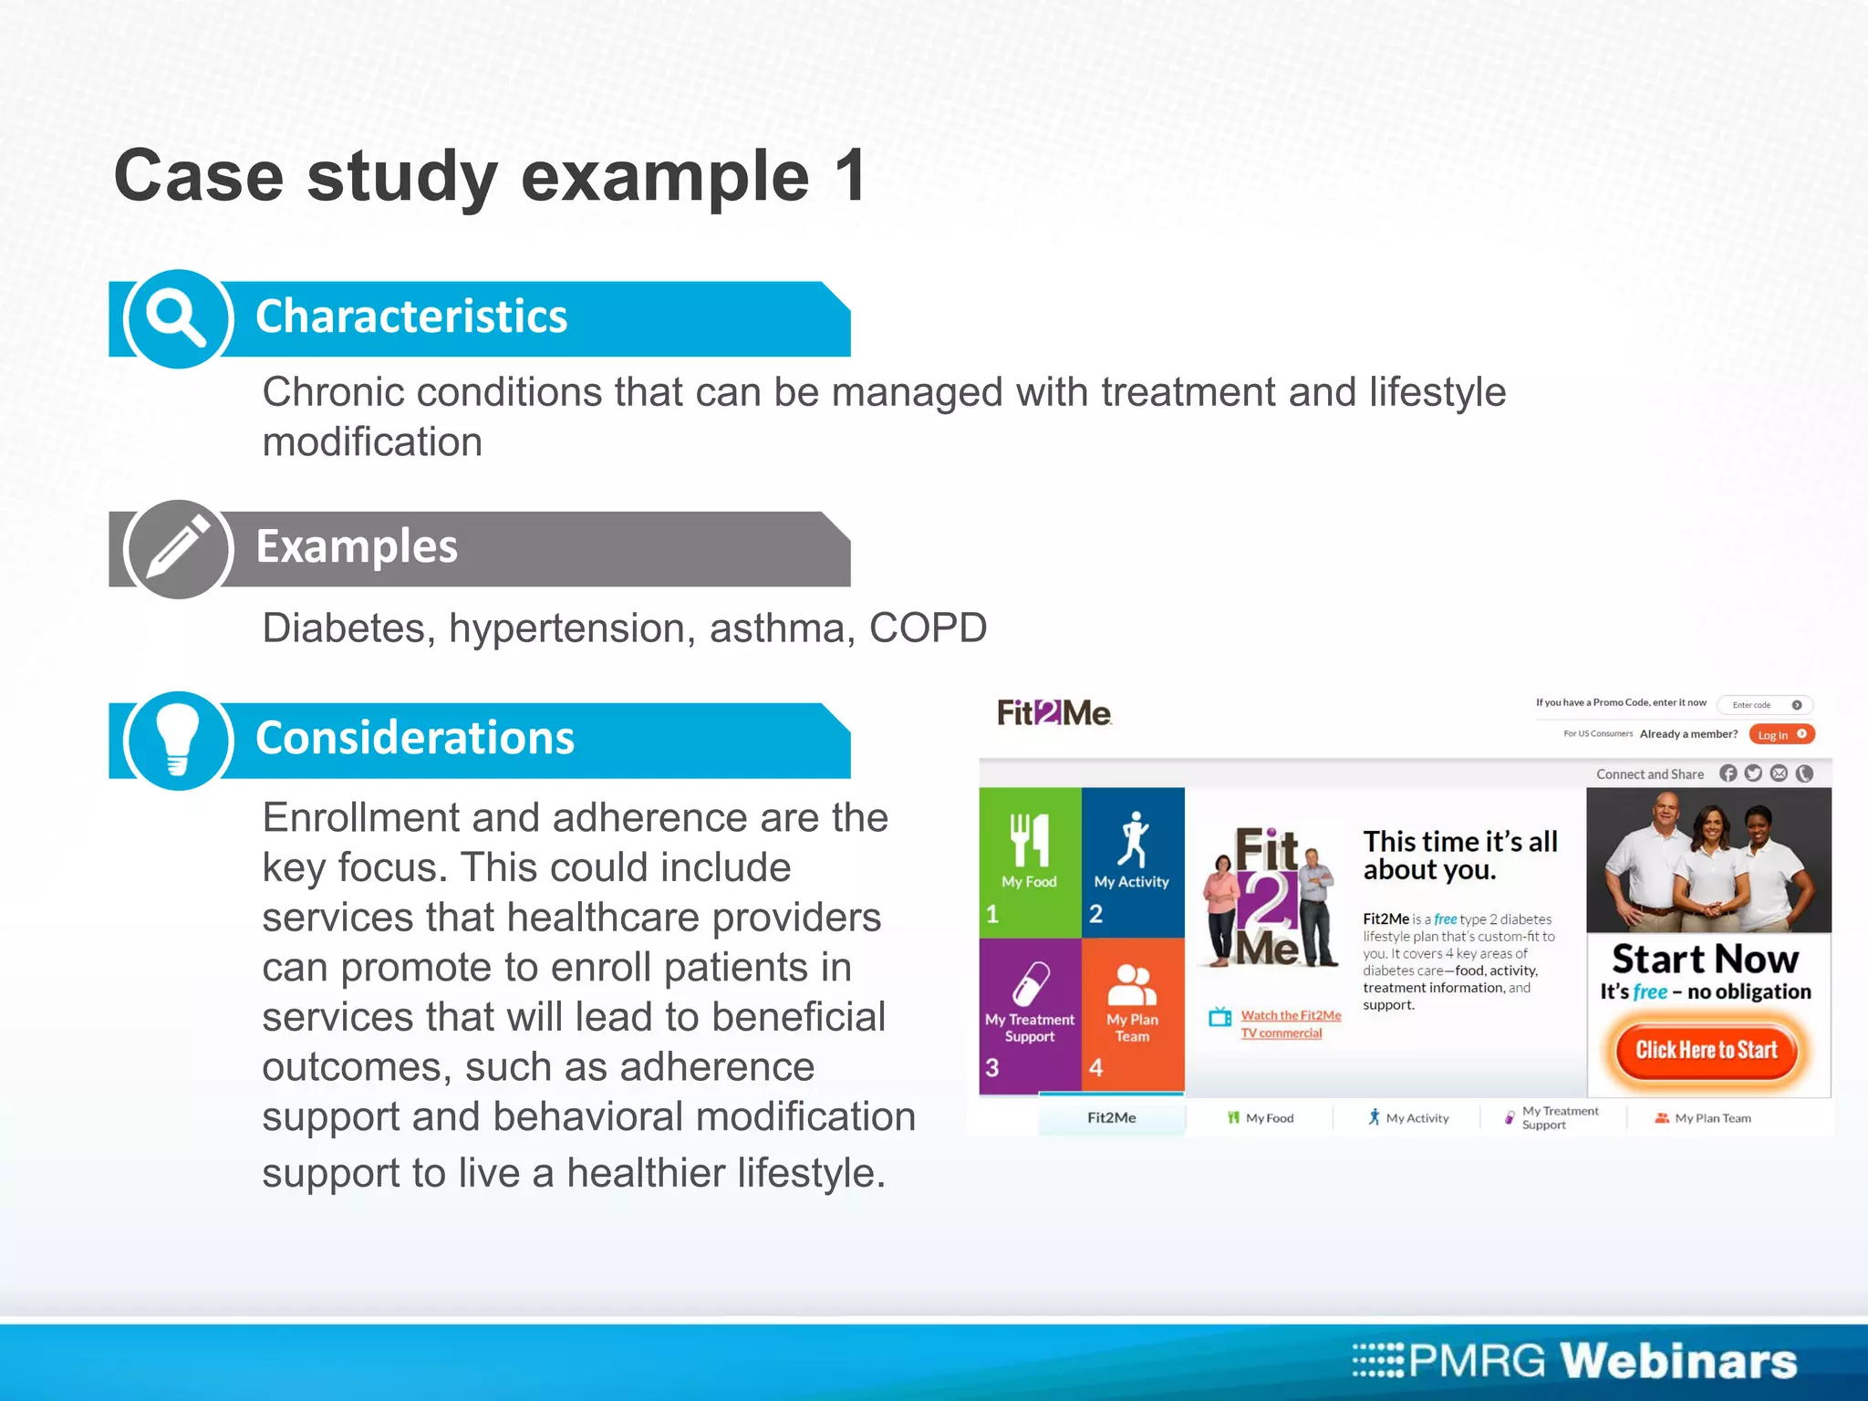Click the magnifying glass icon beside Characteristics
point(178,318)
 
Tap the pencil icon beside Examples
point(178,548)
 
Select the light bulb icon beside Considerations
point(178,740)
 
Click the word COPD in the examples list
point(927,628)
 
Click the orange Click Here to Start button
point(1706,1050)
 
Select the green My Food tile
point(1030,861)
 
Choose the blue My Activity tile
point(1133,861)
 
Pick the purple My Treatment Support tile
point(1030,1014)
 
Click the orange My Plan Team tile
point(1133,1014)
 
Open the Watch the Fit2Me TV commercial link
point(1289,1023)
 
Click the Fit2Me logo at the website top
point(1053,712)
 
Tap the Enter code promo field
point(1756,704)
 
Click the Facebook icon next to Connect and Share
point(1728,773)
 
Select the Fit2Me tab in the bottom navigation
point(1111,1117)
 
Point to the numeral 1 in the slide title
point(849,176)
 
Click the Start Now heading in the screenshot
point(1705,960)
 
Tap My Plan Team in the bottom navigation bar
point(1703,1118)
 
